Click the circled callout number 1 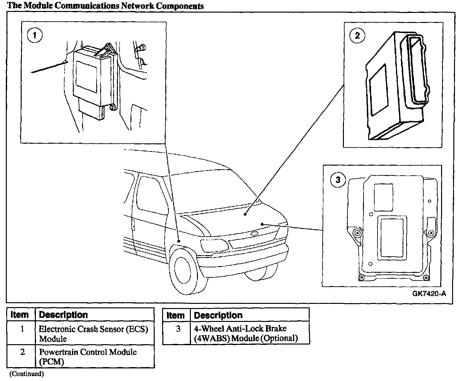(35, 35)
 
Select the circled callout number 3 (338, 180)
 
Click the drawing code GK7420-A (429, 293)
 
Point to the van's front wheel (186, 270)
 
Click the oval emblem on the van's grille (255, 233)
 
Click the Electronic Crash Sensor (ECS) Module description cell (94, 334)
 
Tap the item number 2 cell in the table (22, 352)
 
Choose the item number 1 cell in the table (22, 329)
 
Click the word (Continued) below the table (26, 374)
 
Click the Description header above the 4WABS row (218, 315)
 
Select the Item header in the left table (20, 314)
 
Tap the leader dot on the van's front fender (179, 241)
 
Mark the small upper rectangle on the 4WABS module (383, 197)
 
